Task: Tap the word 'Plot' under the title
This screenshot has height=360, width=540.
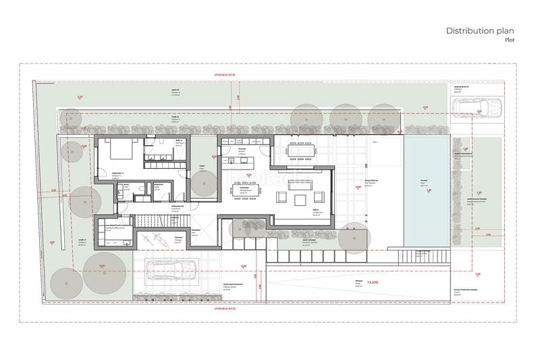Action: click(x=509, y=41)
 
